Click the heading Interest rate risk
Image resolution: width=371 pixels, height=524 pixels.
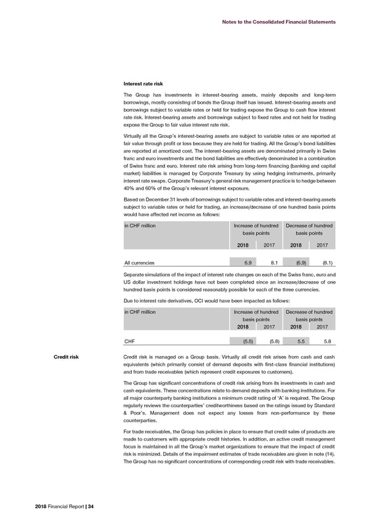coord(145,85)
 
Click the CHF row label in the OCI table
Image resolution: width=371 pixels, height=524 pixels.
coord(130,340)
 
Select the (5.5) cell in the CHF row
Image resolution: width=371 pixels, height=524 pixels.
coord(245,340)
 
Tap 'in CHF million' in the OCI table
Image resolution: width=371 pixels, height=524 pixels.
coord(140,311)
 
